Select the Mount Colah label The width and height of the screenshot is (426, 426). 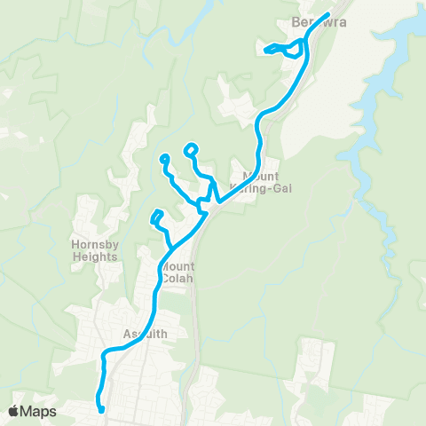point(178,271)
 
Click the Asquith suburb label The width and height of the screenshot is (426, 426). point(143,335)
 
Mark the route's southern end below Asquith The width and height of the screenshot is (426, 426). point(102,409)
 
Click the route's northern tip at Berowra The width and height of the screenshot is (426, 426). point(329,13)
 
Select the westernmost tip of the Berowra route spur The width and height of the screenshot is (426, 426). point(265,50)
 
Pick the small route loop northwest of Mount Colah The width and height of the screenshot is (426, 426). point(157,215)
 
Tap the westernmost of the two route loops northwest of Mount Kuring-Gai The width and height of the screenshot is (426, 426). point(164,160)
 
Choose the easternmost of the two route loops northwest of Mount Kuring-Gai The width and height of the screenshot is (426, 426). point(191,149)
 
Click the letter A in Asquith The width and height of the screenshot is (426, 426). point(125,335)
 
